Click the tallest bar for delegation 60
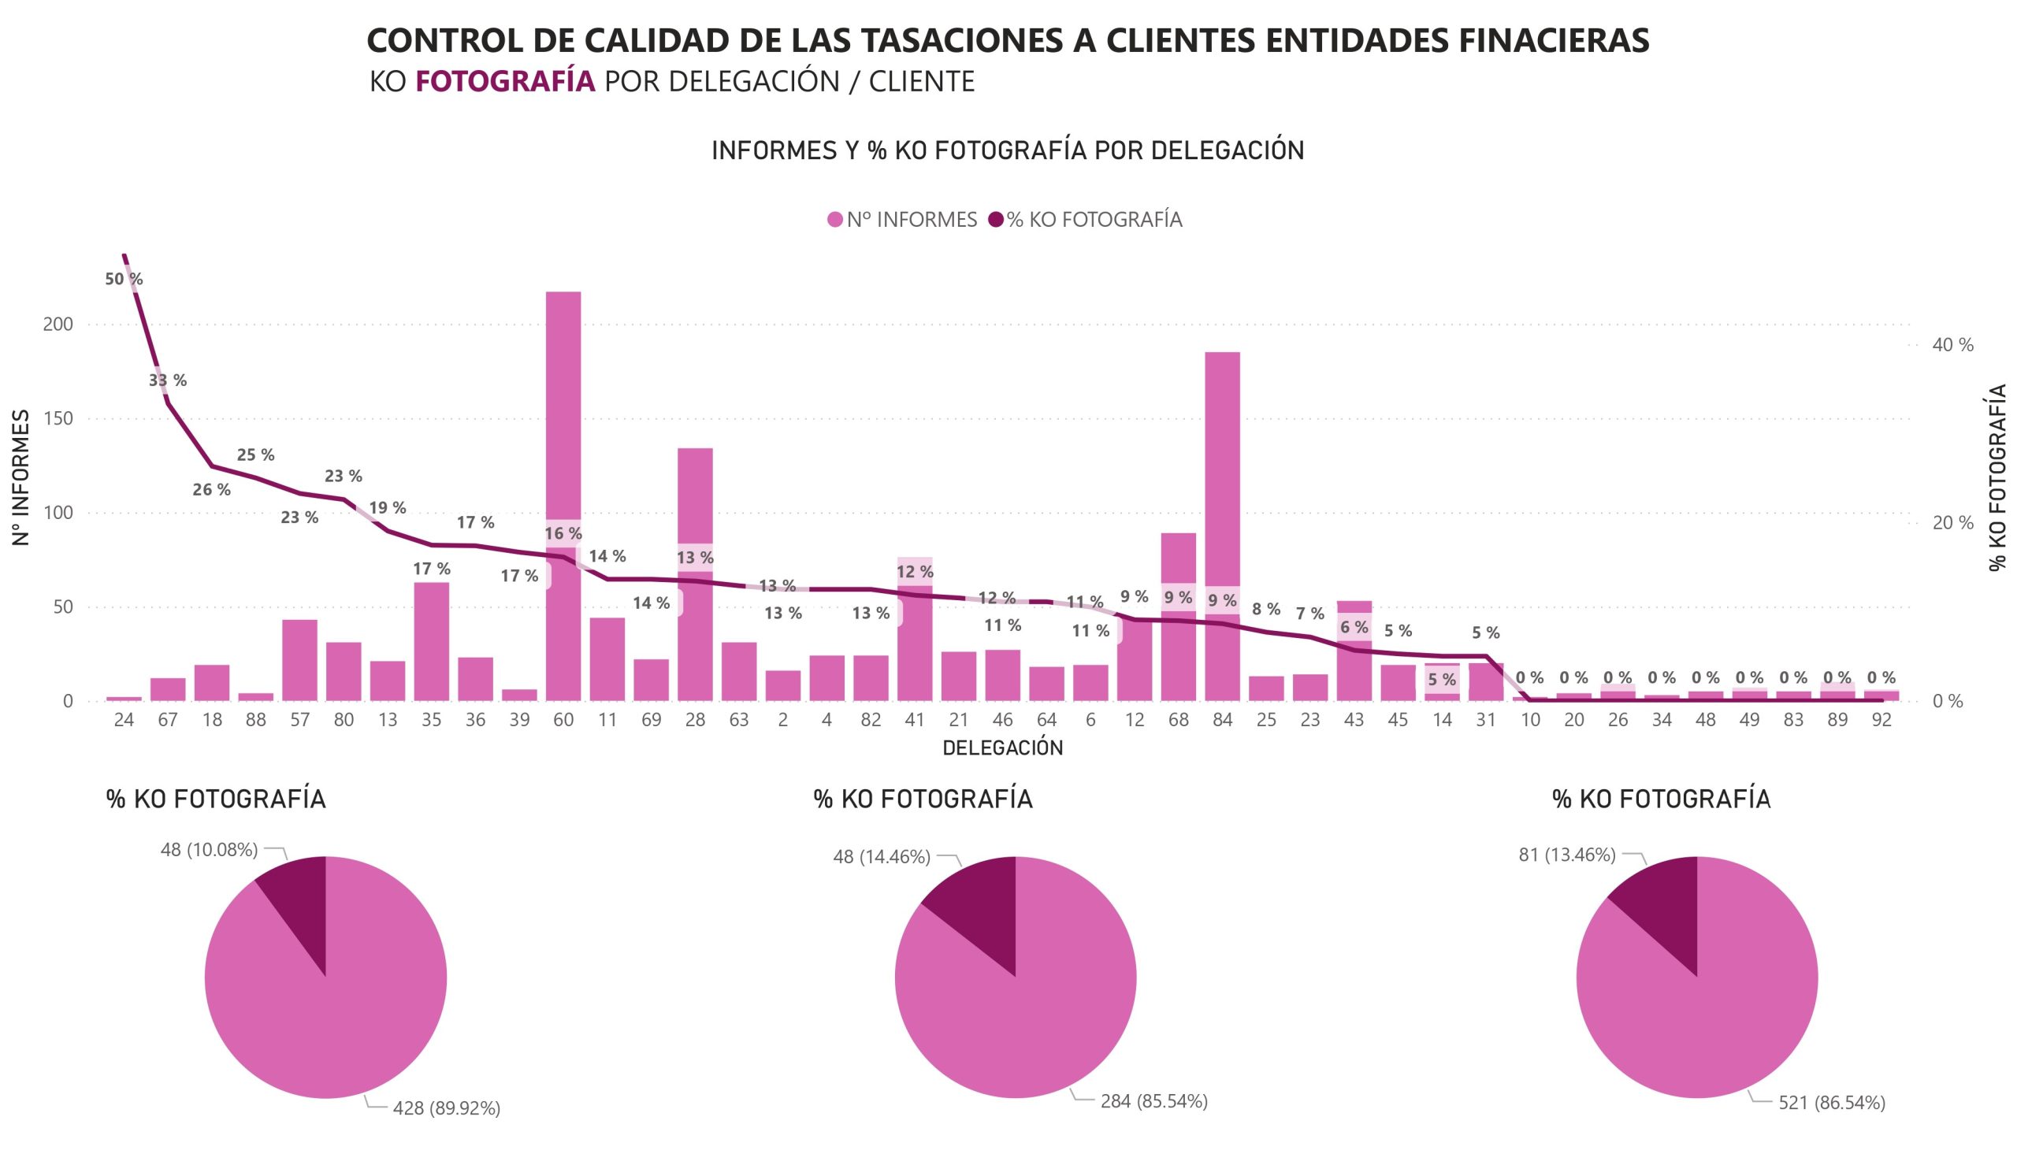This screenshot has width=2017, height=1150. (563, 410)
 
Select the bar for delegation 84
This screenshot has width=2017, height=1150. (1221, 474)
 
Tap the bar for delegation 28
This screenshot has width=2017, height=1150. (694, 506)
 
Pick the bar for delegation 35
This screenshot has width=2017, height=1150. (431, 640)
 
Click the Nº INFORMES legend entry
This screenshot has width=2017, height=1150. (902, 220)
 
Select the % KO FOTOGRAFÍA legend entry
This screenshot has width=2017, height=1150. (1086, 220)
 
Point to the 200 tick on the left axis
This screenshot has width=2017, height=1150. (58, 325)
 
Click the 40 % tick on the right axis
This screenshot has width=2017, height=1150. (1952, 344)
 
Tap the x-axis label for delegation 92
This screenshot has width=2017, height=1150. (1881, 721)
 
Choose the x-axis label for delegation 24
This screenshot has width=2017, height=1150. (123, 721)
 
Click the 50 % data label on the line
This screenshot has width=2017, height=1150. (124, 279)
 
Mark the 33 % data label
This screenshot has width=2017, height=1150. (168, 380)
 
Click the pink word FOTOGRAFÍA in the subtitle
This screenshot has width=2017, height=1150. (505, 81)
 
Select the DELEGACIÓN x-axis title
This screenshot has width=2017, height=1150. (1002, 748)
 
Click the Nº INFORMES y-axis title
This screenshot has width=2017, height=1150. (21, 477)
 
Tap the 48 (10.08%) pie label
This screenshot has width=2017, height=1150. (209, 850)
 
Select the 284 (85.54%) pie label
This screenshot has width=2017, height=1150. (1153, 1101)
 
